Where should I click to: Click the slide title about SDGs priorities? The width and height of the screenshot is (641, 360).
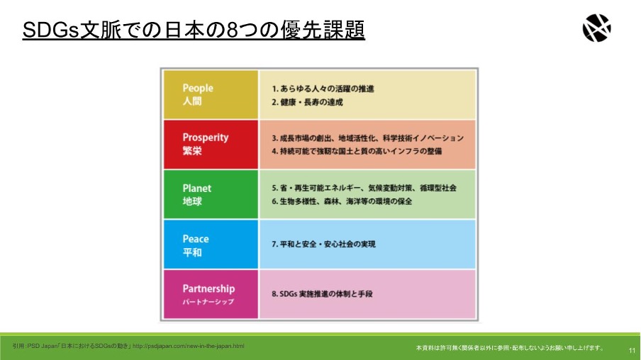(x=194, y=30)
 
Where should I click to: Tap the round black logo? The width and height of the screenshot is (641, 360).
(x=597, y=28)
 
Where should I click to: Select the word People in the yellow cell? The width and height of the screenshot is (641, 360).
(x=198, y=89)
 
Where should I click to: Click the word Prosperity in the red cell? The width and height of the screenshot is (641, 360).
(x=206, y=137)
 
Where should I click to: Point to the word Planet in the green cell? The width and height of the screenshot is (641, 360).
(x=197, y=189)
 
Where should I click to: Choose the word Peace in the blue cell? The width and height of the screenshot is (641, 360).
(x=196, y=239)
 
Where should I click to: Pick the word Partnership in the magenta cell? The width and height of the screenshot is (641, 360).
(x=209, y=288)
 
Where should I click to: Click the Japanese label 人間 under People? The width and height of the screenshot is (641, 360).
(x=191, y=101)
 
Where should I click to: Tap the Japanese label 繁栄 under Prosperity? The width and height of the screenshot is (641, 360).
(x=192, y=151)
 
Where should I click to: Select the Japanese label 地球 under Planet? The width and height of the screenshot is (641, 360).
(x=192, y=201)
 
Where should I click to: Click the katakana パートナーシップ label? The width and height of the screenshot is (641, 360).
(x=208, y=302)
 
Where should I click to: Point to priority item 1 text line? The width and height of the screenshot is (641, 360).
(x=323, y=89)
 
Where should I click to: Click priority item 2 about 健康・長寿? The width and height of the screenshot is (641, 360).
(x=308, y=102)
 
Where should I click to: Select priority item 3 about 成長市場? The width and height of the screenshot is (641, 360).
(x=368, y=138)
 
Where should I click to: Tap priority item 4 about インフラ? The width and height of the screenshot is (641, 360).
(x=357, y=151)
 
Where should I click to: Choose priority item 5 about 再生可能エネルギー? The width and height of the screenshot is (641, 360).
(x=364, y=188)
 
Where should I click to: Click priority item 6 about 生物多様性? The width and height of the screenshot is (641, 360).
(x=342, y=201)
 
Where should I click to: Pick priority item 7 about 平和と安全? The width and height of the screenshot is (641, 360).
(x=324, y=244)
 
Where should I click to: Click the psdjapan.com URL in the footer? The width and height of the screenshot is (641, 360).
(x=189, y=346)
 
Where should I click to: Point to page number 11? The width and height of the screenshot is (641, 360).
(x=632, y=351)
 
